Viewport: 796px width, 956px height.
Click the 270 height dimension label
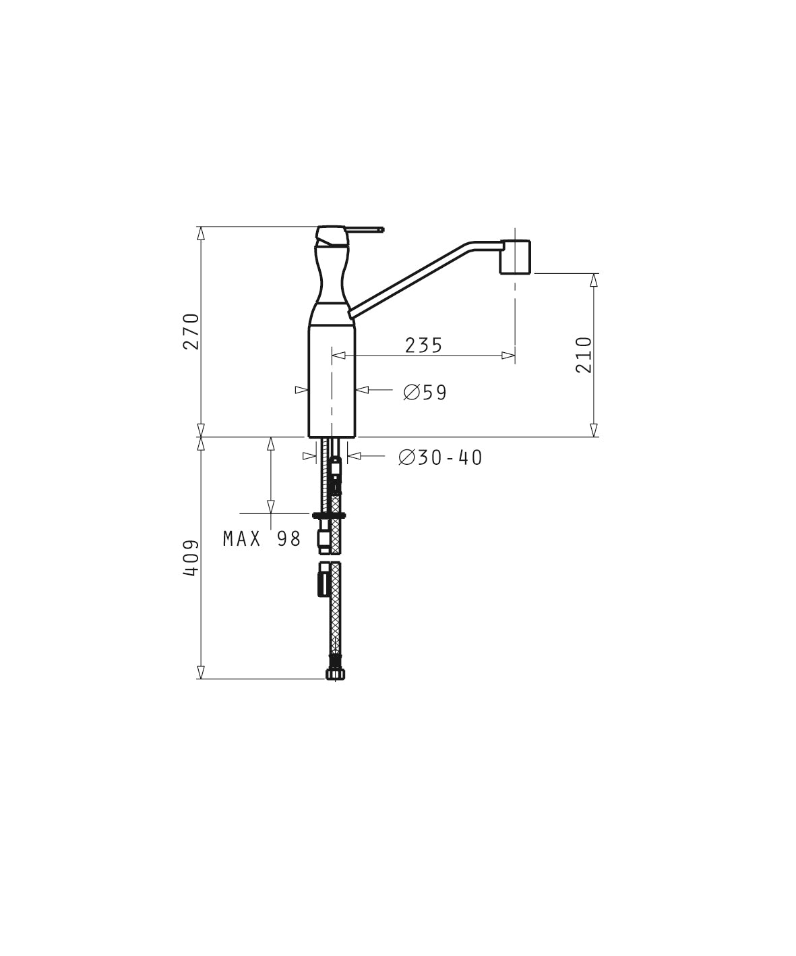191,331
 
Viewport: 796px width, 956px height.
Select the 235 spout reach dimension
424,345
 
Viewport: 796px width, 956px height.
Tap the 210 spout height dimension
583,355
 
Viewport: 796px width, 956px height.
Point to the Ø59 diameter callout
425,393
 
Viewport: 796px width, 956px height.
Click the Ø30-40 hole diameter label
440,457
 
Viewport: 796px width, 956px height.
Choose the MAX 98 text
262,539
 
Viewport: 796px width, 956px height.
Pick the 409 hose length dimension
191,558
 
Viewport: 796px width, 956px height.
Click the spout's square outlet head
515,257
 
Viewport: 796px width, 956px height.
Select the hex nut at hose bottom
336,674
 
